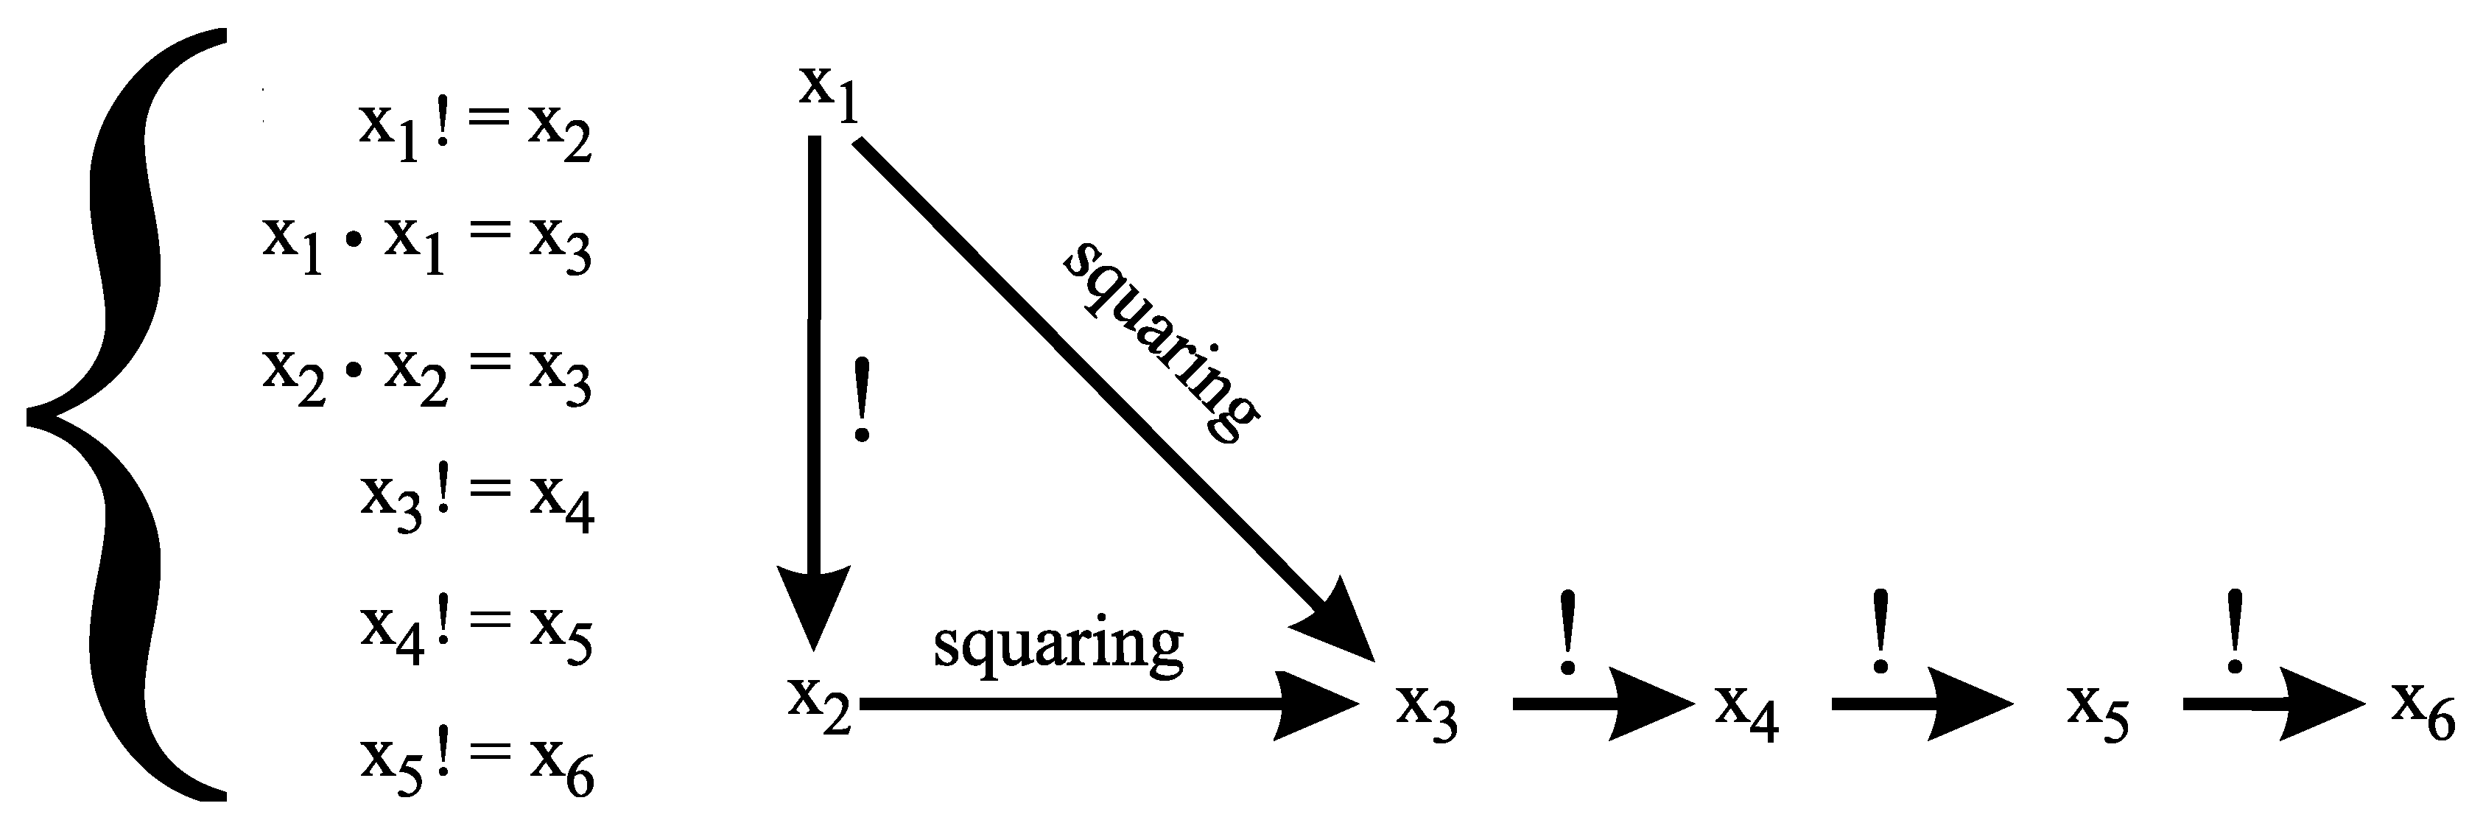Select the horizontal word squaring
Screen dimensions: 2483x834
click(1058, 644)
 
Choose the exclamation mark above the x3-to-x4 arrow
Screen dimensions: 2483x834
click(1567, 632)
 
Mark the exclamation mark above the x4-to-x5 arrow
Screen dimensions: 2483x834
click(1880, 632)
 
